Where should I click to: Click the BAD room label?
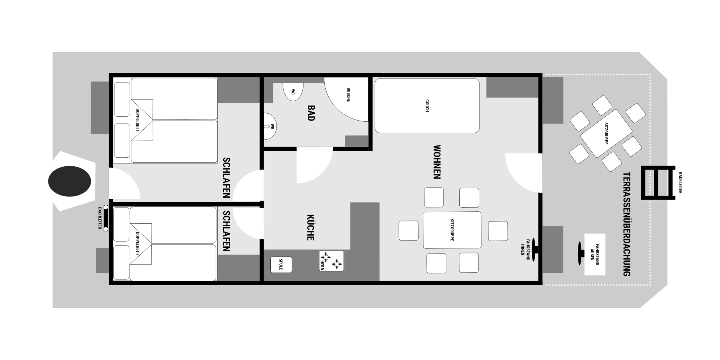click(x=311, y=113)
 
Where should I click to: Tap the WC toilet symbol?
click(x=293, y=92)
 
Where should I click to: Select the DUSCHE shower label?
click(x=348, y=95)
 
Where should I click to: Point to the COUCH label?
click(x=427, y=106)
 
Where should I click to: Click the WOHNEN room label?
click(x=437, y=162)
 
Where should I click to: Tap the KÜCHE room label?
click(x=310, y=228)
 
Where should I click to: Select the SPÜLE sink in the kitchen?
click(x=281, y=265)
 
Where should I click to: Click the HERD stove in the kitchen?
click(x=331, y=261)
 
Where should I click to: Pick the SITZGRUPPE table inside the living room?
click(x=452, y=230)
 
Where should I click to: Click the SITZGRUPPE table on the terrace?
click(x=606, y=134)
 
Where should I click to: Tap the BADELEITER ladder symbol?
click(x=658, y=183)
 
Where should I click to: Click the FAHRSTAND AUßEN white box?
click(x=595, y=255)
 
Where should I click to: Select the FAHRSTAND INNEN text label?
click(x=525, y=247)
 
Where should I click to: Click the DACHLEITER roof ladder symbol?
click(x=105, y=218)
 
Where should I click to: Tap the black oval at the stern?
click(x=69, y=181)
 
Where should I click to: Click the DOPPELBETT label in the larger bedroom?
click(x=137, y=120)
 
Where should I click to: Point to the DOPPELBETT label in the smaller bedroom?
click(x=137, y=244)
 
